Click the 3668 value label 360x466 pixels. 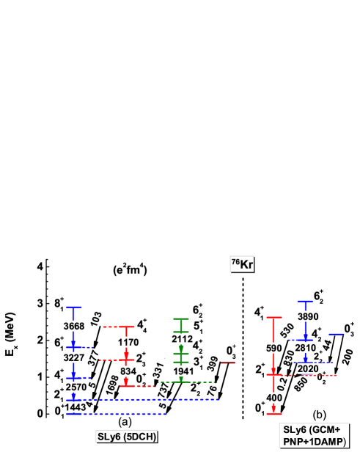(x=73, y=326)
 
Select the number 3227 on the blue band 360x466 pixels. (x=73, y=357)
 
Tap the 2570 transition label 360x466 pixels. (x=76, y=387)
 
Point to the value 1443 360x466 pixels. (x=76, y=407)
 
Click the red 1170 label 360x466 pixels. (x=128, y=342)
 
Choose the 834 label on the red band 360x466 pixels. (x=128, y=371)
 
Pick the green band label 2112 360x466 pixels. (x=182, y=338)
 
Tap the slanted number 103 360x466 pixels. (x=95, y=318)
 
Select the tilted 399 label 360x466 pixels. (x=213, y=363)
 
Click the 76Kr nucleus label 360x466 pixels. (x=242, y=264)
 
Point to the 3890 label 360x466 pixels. (x=308, y=316)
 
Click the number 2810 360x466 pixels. (x=305, y=348)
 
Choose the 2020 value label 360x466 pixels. (x=308, y=368)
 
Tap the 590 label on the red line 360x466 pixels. (x=273, y=348)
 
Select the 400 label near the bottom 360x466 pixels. (x=273, y=398)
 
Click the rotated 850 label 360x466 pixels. (x=301, y=384)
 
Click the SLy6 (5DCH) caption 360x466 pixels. (x=127, y=436)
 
